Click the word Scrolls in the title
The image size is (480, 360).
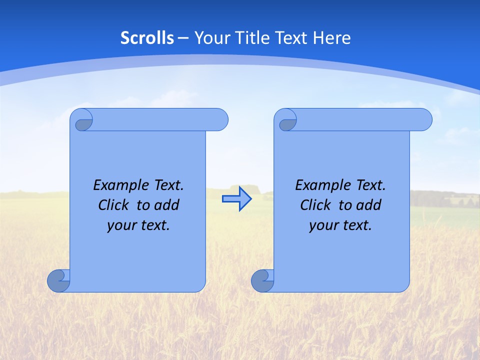(147, 38)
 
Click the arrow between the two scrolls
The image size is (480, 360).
(236, 199)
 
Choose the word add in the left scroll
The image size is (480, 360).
(167, 205)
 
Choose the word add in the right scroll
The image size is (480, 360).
(369, 205)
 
